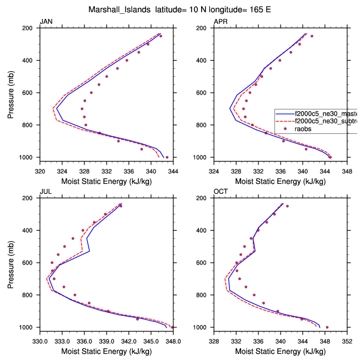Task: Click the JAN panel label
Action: pos(46,22)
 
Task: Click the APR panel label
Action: pos(220,22)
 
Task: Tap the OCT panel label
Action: pos(220,192)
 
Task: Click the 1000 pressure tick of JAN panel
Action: pos(28,157)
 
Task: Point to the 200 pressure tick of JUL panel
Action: pos(30,198)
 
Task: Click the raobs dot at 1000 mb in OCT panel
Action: pos(327,327)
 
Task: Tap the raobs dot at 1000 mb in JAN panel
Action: pos(167,157)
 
